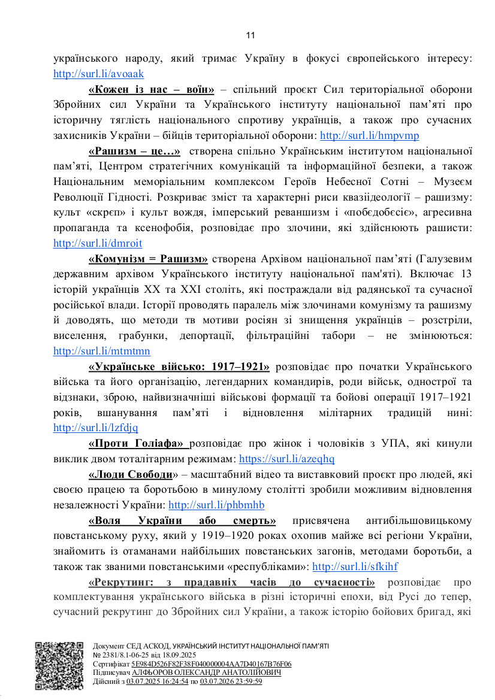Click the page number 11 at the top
pyautogui.click(x=250, y=35)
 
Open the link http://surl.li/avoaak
pyautogui.click(x=98, y=74)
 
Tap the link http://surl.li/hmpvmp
pyautogui.click(x=370, y=135)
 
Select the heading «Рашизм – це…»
pyautogui.click(x=134, y=151)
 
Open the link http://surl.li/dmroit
pyautogui.click(x=98, y=243)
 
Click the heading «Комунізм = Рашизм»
pyautogui.click(x=148, y=259)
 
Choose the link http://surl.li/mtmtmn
pyautogui.click(x=102, y=351)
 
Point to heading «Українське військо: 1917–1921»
pyautogui.click(x=179, y=366)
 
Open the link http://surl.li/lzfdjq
pyautogui.click(x=96, y=428)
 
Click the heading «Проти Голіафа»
pyautogui.click(x=138, y=443)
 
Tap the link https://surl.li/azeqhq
pyautogui.click(x=286, y=459)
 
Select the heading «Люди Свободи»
pyautogui.click(x=130, y=474)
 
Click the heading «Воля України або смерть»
pyautogui.click(x=182, y=520)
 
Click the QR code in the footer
pyautogui.click(x=58, y=666)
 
